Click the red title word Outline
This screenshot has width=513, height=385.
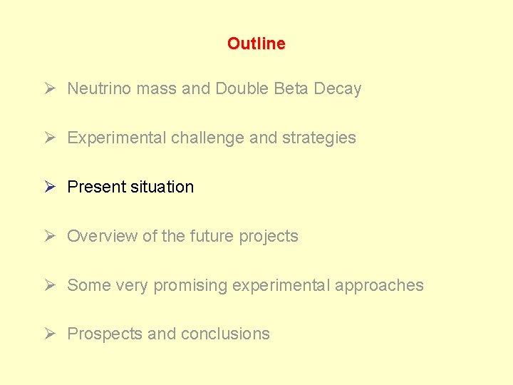256,43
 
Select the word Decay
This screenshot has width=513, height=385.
338,89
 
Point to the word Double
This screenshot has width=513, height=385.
240,88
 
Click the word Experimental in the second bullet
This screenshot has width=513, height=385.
117,138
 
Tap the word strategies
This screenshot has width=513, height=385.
319,138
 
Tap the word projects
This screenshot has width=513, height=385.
271,237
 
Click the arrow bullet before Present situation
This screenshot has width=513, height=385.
49,187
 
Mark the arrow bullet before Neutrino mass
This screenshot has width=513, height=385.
49,88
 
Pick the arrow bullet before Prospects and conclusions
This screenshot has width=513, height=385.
49,334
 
